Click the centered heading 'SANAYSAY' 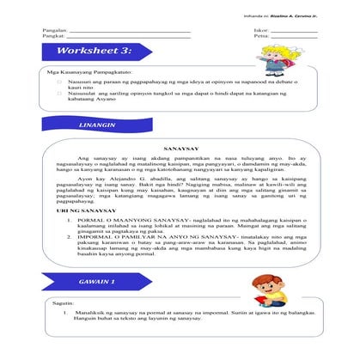[x=180, y=147]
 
